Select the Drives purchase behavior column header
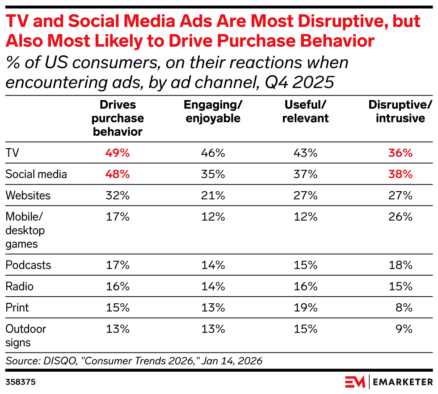118,118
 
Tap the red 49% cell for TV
118,153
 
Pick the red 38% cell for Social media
400,174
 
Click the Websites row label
28,195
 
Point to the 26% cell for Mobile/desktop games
400,217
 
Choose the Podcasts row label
28,265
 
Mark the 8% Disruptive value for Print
404,307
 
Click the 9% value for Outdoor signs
404,329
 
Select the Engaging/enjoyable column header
213,111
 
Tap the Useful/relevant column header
306,111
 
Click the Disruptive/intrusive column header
400,111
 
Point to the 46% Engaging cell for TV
213,153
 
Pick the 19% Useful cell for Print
306,307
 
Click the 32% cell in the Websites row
118,195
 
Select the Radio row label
19,286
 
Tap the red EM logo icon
355,382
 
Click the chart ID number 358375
21,383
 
